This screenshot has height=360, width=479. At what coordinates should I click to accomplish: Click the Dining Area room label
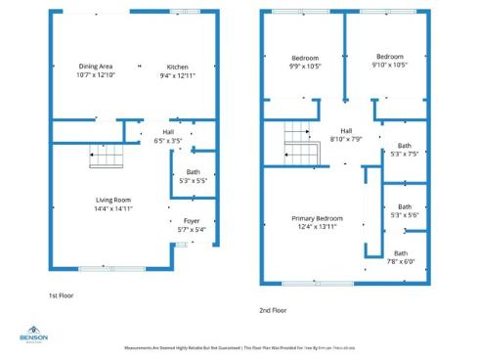pos(95,67)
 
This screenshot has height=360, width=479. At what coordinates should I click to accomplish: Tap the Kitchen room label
pos(176,67)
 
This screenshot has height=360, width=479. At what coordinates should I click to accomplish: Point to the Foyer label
pos(192,221)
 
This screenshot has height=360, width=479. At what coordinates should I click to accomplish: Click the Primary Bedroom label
pos(317,218)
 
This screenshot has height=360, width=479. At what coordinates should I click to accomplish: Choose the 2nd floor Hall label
pos(345,130)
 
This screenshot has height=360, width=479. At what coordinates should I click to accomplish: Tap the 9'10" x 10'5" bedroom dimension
pos(390,67)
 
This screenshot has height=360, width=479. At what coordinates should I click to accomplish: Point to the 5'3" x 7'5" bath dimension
pos(404,154)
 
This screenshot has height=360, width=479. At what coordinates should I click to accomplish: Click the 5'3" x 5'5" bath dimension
pos(193,181)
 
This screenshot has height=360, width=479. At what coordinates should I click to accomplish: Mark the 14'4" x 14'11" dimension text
pos(112,208)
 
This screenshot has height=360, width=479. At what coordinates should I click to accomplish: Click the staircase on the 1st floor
pos(104,155)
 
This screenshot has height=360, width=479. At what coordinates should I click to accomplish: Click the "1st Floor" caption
pos(61,294)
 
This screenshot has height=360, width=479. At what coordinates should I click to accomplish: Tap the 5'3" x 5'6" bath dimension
pos(404,215)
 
